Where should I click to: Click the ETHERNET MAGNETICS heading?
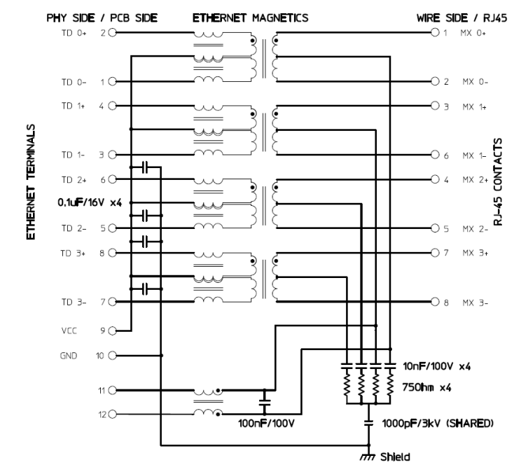point(249,20)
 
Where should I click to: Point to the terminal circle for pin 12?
point(111,414)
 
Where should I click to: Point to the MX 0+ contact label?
point(473,33)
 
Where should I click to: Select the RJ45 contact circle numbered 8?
point(435,303)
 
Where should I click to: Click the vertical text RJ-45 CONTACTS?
point(498,181)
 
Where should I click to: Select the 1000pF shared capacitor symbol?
point(368,423)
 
